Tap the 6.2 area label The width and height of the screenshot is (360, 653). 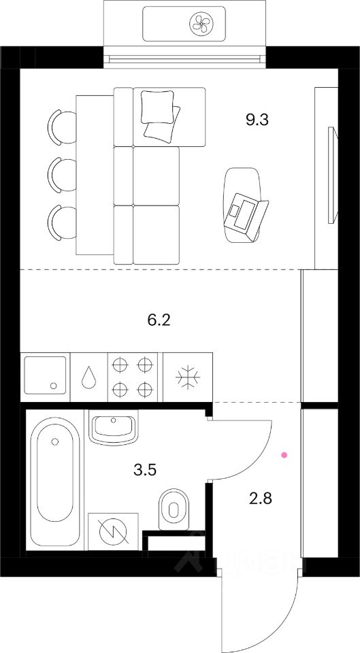(158, 318)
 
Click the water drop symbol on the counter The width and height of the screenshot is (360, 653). (88, 378)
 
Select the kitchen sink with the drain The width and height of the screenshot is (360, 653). (45, 374)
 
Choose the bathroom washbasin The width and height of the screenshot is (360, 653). (113, 429)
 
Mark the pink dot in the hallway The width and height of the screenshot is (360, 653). (284, 453)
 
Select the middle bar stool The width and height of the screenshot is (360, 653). (61, 174)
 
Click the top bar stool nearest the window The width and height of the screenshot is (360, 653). (61, 127)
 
